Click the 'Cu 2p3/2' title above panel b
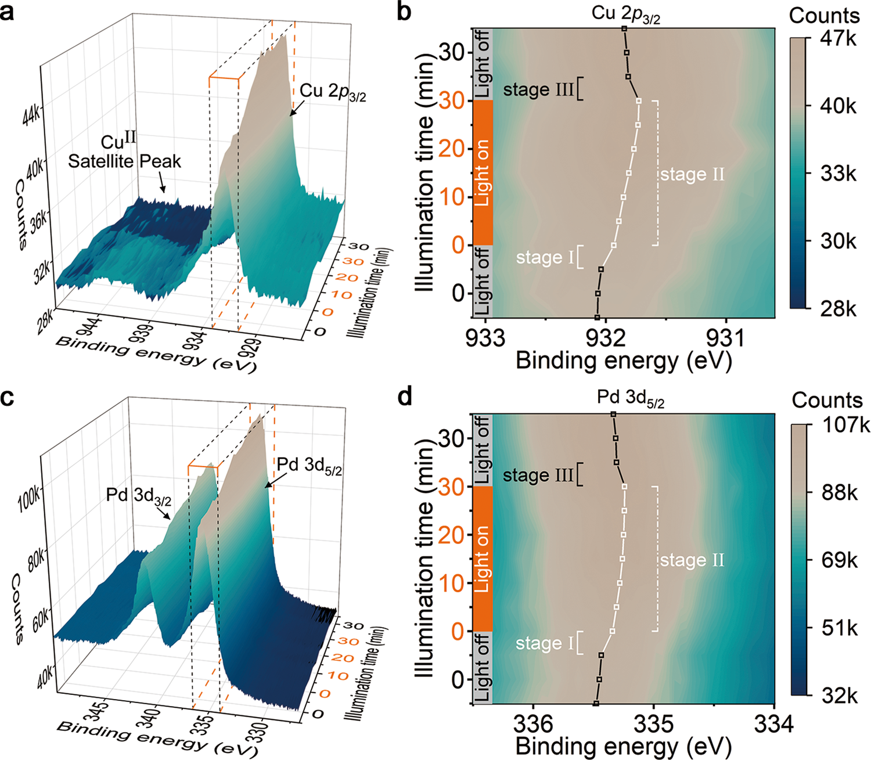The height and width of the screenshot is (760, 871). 625,15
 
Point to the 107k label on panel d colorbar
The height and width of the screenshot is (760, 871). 841,426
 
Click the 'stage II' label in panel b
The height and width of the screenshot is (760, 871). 692,174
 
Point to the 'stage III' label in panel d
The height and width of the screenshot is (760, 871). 538,476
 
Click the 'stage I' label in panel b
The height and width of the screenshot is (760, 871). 544,257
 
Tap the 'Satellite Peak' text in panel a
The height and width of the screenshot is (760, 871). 124,161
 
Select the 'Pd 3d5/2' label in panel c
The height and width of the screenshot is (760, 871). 309,466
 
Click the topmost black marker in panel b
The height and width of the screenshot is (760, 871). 624,28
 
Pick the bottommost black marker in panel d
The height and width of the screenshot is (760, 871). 596,703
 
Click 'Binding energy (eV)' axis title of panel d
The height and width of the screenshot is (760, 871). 623,746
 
